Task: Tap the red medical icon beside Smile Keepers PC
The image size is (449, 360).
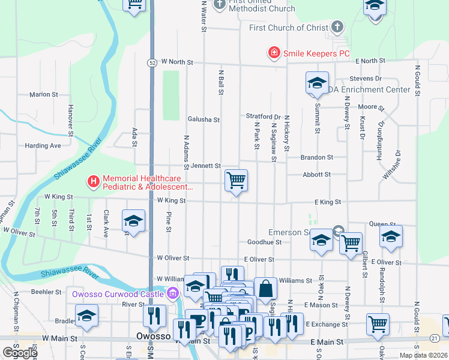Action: coord(274,53)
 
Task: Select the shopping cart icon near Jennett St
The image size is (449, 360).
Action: coord(237,180)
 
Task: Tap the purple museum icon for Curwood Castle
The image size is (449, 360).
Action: coord(173,293)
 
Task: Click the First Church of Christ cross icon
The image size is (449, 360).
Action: coord(337,27)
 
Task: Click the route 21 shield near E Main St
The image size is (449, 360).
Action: coord(434,340)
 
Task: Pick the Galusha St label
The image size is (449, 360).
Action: coord(203,119)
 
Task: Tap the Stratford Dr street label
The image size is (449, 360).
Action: coord(263,116)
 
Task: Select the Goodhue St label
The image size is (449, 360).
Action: coord(264,242)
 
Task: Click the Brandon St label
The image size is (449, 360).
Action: coord(316,157)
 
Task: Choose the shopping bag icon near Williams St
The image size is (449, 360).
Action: coord(265,288)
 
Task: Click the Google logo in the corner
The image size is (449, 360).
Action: coord(20,353)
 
